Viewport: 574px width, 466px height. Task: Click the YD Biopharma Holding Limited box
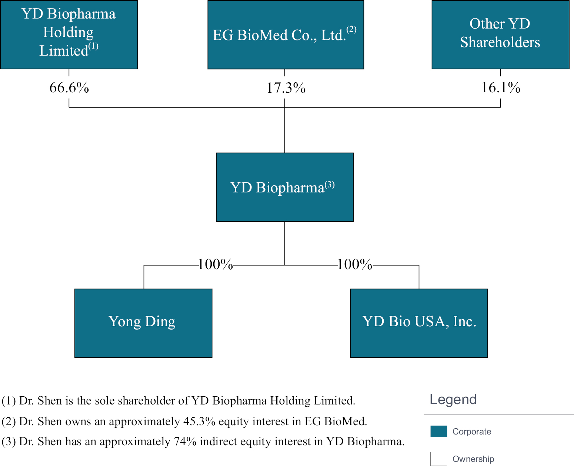point(69,34)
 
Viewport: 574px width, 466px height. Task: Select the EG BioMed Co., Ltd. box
point(286,34)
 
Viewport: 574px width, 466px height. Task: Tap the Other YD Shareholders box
point(500,34)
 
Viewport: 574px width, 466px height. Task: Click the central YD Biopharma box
point(285,187)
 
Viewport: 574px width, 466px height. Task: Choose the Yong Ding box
point(143,323)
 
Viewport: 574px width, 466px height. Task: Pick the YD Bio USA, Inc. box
point(419,323)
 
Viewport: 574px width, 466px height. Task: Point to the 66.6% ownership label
point(69,87)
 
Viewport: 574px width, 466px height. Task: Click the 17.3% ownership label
point(286,88)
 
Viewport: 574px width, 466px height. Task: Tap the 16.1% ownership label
point(501,87)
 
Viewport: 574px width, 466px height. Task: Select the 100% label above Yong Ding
point(215,264)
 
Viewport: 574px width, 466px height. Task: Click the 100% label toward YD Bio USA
point(355,264)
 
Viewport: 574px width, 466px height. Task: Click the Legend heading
point(453,399)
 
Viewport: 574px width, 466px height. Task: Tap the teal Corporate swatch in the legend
point(439,431)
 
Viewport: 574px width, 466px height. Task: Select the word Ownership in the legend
point(473,459)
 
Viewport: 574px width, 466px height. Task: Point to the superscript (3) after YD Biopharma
point(330,185)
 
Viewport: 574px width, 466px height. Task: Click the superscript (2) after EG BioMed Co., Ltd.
point(351,29)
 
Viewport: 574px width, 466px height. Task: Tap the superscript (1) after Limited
point(93,46)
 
